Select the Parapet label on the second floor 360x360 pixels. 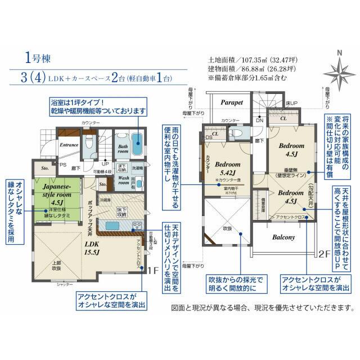(x=231, y=103)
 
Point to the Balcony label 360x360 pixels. (x=283, y=237)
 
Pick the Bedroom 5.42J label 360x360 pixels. (x=228, y=169)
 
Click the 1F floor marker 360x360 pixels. (x=152, y=270)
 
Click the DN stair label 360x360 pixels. (x=260, y=120)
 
